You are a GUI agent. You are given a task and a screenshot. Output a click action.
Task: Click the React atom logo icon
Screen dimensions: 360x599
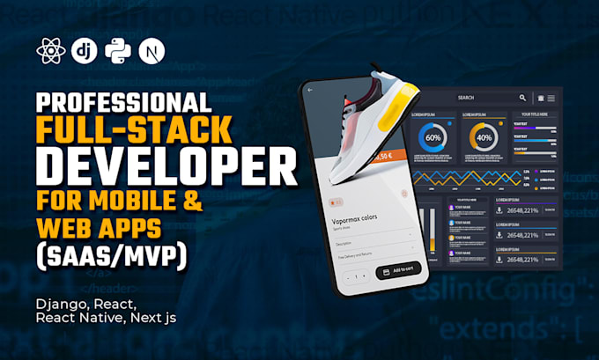click(x=50, y=50)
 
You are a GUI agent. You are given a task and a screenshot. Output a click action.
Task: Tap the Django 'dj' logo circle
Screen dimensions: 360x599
click(x=85, y=50)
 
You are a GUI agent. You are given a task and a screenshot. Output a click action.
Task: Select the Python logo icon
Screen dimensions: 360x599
click(x=118, y=50)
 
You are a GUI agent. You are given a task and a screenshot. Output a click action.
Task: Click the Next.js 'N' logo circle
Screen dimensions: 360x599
click(x=152, y=50)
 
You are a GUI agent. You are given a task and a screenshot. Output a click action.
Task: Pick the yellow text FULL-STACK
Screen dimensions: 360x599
click(x=133, y=130)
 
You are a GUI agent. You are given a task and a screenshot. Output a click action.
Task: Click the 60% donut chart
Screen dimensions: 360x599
click(x=433, y=137)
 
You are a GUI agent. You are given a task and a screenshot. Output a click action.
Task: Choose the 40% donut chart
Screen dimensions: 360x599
click(x=484, y=137)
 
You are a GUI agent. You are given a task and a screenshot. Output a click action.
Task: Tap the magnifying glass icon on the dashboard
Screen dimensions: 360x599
click(x=522, y=98)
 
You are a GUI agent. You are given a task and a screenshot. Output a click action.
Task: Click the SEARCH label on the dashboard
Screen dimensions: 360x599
click(x=466, y=98)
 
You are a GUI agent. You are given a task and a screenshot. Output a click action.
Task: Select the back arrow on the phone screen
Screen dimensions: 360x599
click(x=309, y=90)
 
